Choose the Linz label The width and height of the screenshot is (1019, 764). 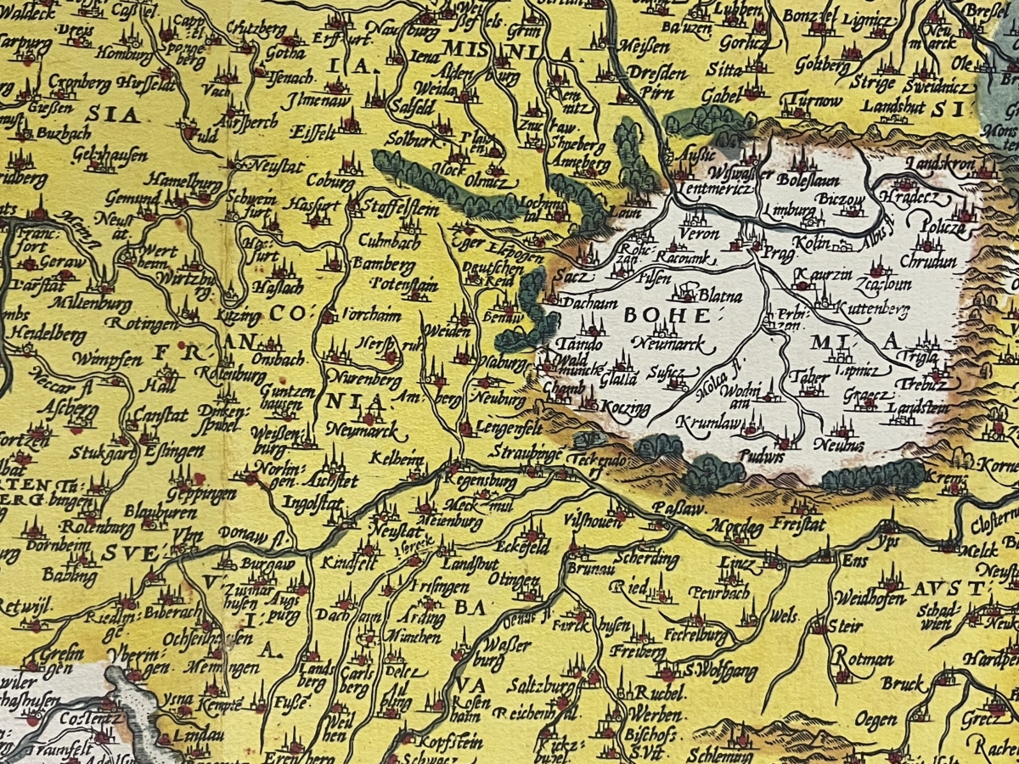(x=735, y=564)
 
